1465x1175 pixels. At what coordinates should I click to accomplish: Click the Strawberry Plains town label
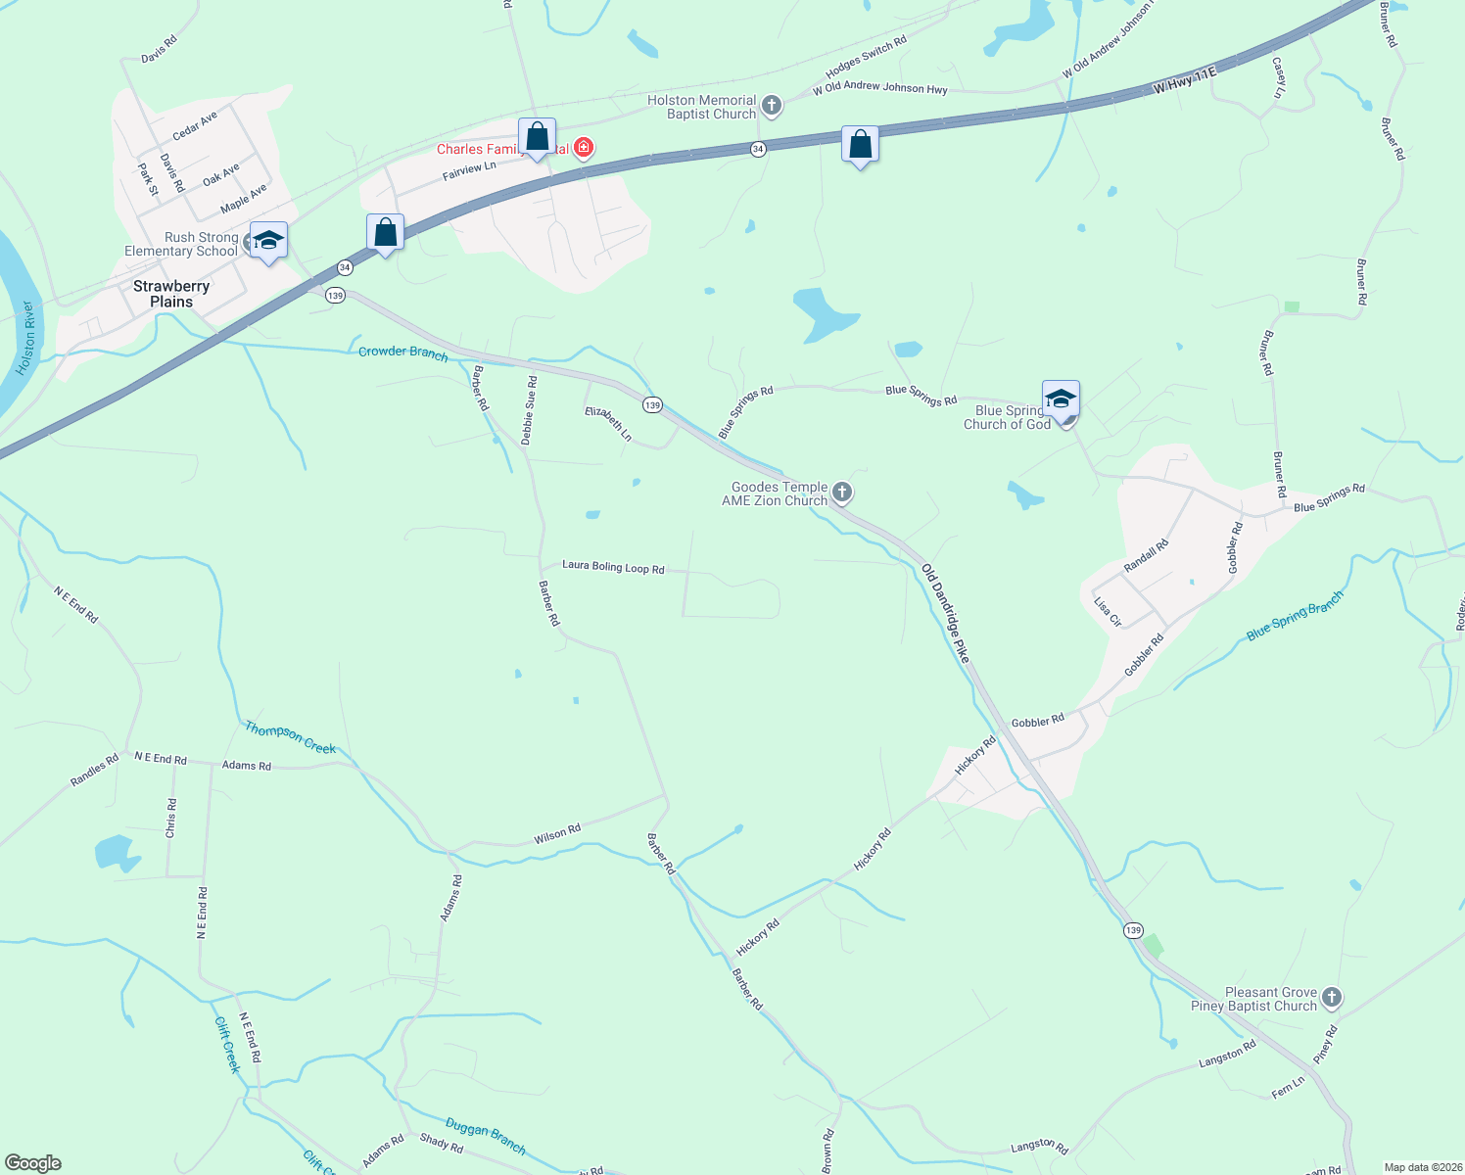click(171, 294)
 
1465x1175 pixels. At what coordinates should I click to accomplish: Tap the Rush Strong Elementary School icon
click(268, 240)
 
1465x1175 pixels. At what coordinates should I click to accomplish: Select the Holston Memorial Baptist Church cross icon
click(772, 106)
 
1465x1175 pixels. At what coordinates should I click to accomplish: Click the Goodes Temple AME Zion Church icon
click(841, 493)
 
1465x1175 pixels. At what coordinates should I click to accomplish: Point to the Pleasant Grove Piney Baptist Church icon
click(1331, 998)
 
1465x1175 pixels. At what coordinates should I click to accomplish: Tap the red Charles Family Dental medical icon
click(584, 148)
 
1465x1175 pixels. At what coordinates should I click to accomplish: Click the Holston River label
click(26, 339)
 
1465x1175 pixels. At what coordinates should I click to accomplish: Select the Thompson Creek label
click(290, 737)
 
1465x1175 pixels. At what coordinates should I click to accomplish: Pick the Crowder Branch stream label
click(402, 352)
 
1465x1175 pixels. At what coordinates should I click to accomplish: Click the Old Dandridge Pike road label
click(945, 613)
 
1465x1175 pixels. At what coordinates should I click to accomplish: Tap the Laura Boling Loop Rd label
click(613, 567)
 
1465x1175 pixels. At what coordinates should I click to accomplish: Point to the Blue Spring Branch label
click(1295, 617)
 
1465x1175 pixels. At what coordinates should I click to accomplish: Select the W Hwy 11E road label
click(1184, 80)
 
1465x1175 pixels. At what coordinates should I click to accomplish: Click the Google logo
click(33, 1162)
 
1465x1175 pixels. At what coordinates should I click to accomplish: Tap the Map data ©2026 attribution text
click(1420, 1167)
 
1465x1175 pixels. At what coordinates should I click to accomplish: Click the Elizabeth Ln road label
click(608, 423)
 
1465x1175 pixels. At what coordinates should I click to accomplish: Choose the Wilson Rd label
click(557, 834)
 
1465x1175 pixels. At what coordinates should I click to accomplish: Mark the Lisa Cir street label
click(1108, 611)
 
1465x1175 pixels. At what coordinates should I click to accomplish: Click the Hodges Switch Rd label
click(866, 58)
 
